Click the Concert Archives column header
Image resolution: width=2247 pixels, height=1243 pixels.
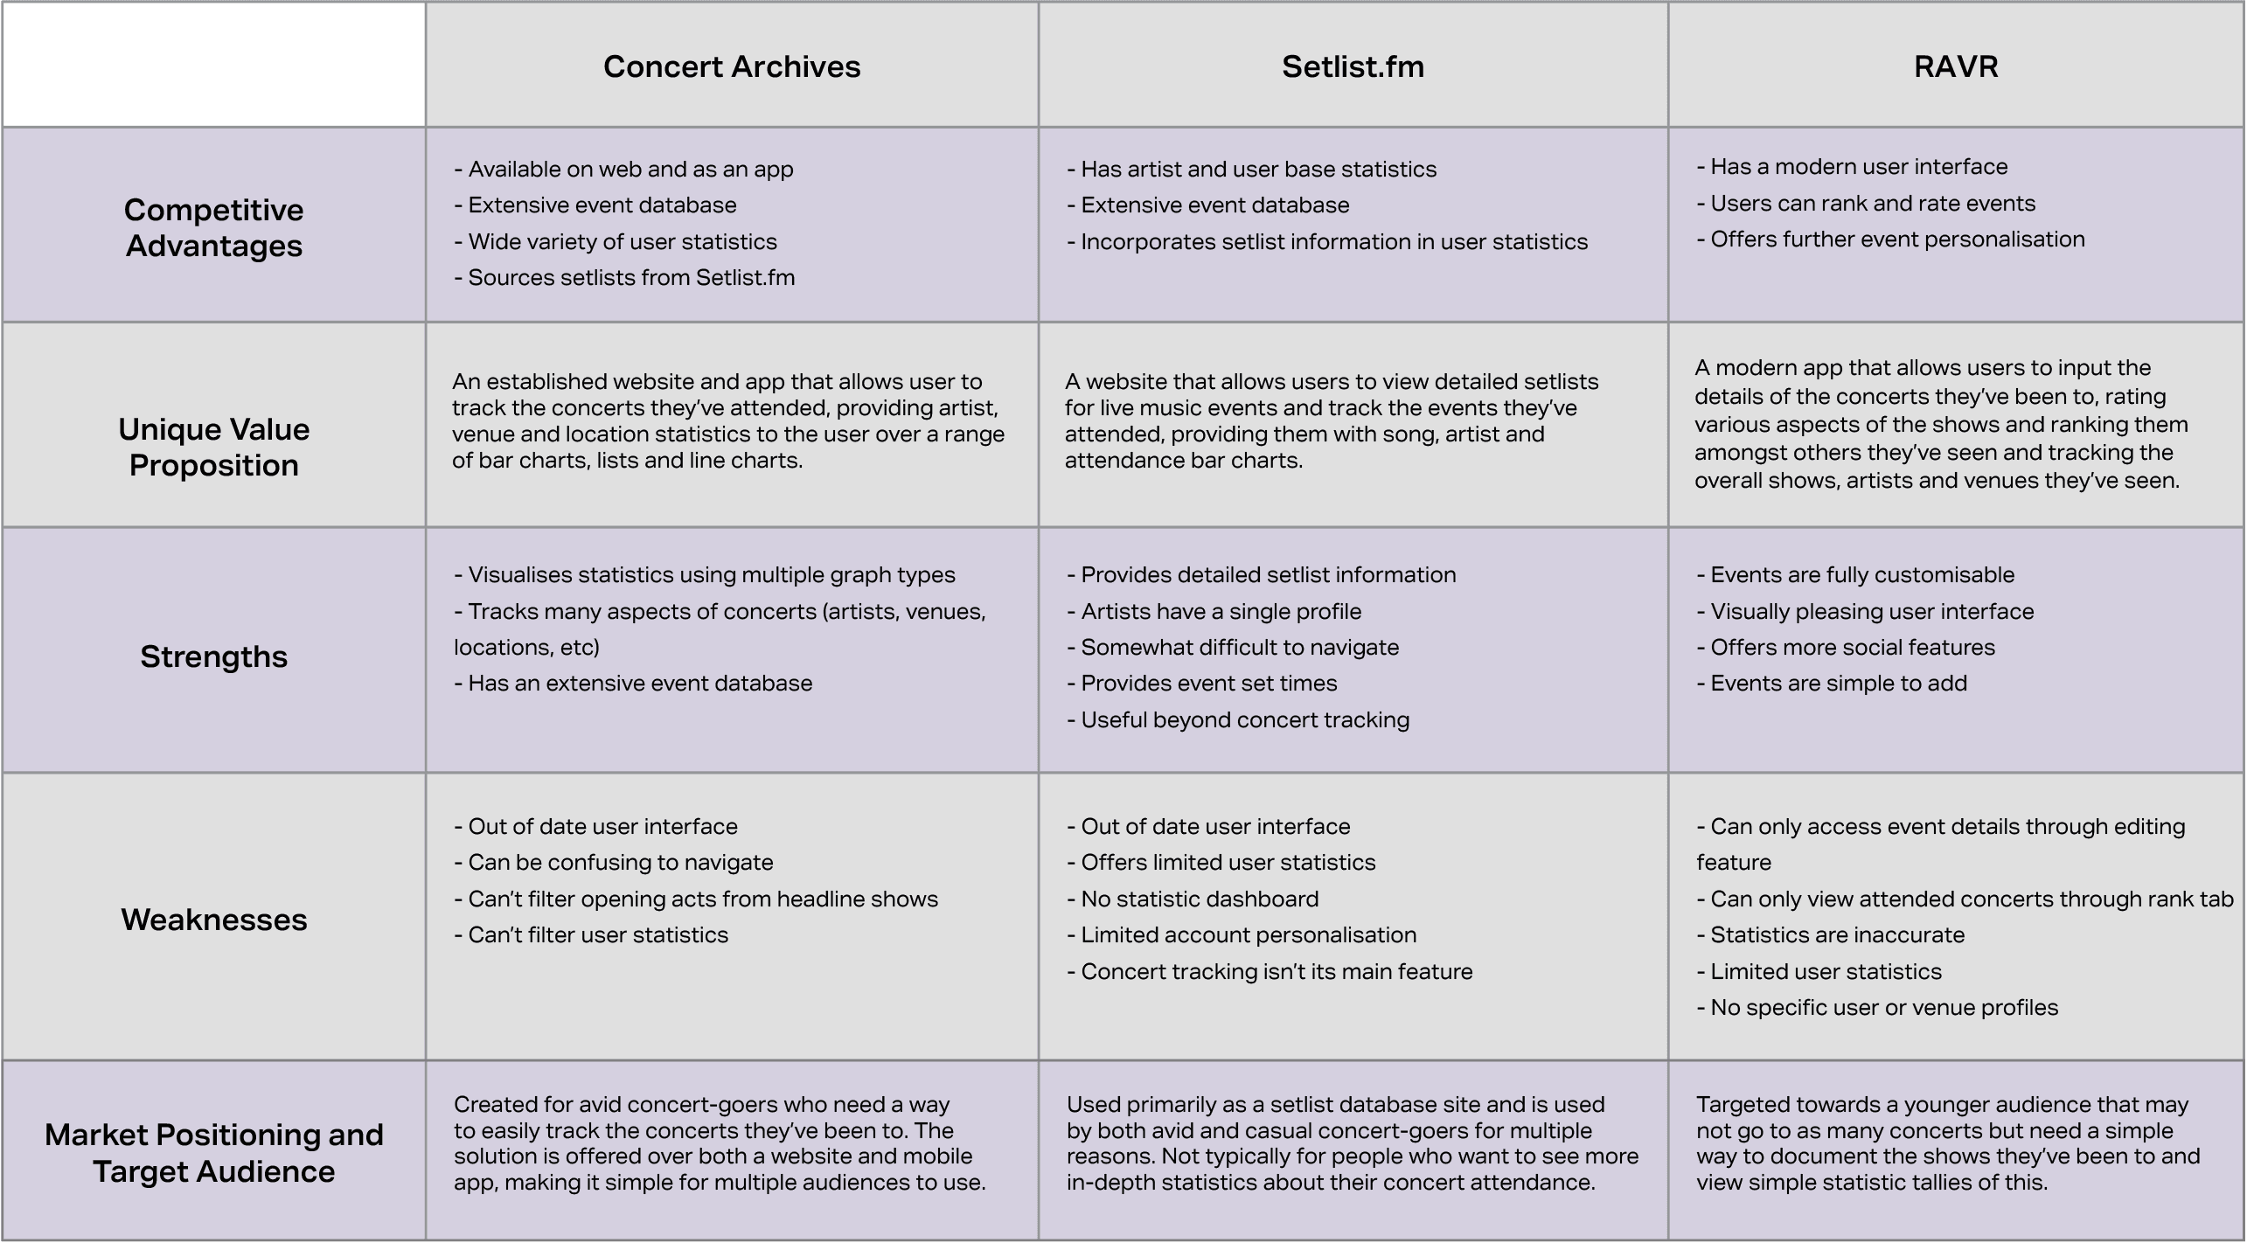click(x=732, y=66)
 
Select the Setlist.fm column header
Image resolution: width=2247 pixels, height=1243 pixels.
click(x=1353, y=66)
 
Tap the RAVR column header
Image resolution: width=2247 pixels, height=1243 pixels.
click(x=1956, y=66)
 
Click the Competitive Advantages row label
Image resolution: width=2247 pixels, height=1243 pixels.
click(x=214, y=227)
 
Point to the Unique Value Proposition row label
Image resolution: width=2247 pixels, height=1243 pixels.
click(x=214, y=447)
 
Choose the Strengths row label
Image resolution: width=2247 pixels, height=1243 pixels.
click(x=214, y=656)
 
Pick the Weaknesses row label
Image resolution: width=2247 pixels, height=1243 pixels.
click(x=214, y=920)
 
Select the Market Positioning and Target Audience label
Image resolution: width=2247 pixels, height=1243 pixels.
click(x=214, y=1152)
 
